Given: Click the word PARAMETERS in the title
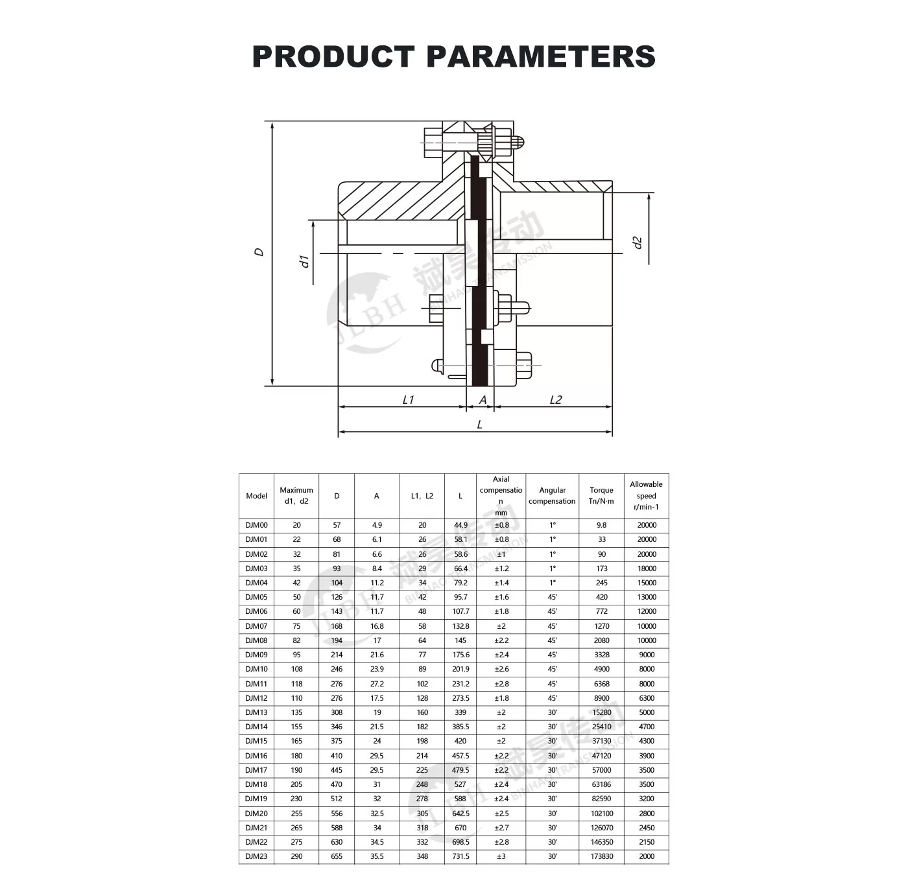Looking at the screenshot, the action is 540,56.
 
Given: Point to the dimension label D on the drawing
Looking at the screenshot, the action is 259,252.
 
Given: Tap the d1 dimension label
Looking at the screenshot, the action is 304,261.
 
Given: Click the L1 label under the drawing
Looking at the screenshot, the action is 408,399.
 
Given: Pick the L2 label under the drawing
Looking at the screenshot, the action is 556,399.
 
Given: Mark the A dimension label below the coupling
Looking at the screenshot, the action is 483,399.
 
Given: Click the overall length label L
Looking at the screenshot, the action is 480,425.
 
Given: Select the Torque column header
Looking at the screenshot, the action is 601,496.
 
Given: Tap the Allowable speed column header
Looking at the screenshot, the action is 646,496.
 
